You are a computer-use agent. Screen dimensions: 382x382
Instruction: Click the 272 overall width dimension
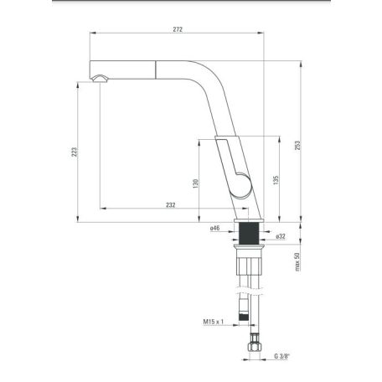tap(178, 29)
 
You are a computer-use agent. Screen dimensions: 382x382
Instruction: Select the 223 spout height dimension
tap(75, 152)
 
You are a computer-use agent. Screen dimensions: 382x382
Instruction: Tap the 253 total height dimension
tap(297, 145)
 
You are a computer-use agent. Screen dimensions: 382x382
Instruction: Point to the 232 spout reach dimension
tap(171, 205)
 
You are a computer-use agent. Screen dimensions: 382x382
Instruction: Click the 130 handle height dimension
tap(195, 183)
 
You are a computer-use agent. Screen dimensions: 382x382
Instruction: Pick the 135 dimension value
tap(276, 180)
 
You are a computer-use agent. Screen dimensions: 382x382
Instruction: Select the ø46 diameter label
tap(215, 228)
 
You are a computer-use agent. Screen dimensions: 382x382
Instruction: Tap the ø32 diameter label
tap(281, 236)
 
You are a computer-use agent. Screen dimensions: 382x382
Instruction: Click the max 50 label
tap(297, 261)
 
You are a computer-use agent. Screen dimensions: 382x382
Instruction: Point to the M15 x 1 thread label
tap(214, 322)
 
